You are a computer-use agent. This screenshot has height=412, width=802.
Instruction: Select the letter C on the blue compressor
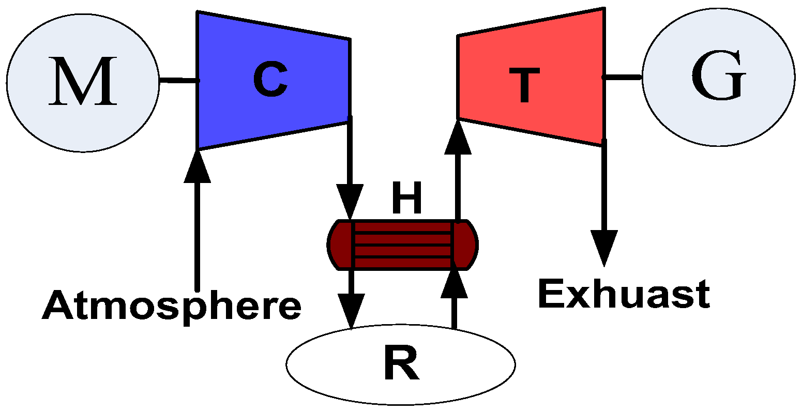[x=271, y=81]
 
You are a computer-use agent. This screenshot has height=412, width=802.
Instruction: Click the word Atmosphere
[x=171, y=306]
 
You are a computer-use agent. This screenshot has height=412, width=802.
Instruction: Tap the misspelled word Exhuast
[x=624, y=295]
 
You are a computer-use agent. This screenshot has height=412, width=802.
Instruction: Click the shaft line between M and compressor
[x=178, y=80]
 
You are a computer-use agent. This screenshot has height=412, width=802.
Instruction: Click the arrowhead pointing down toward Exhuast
[x=603, y=247]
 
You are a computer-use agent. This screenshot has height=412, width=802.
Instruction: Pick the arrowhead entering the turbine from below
[x=458, y=138]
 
